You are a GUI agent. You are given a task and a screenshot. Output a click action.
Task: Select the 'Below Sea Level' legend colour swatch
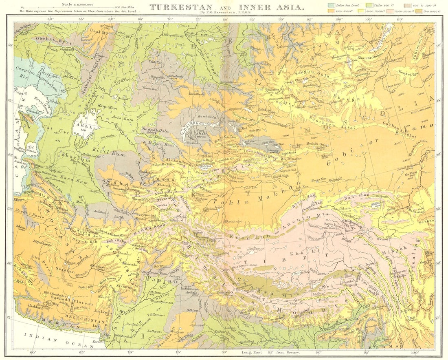331,5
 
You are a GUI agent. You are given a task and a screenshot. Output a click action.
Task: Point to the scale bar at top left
68,7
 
